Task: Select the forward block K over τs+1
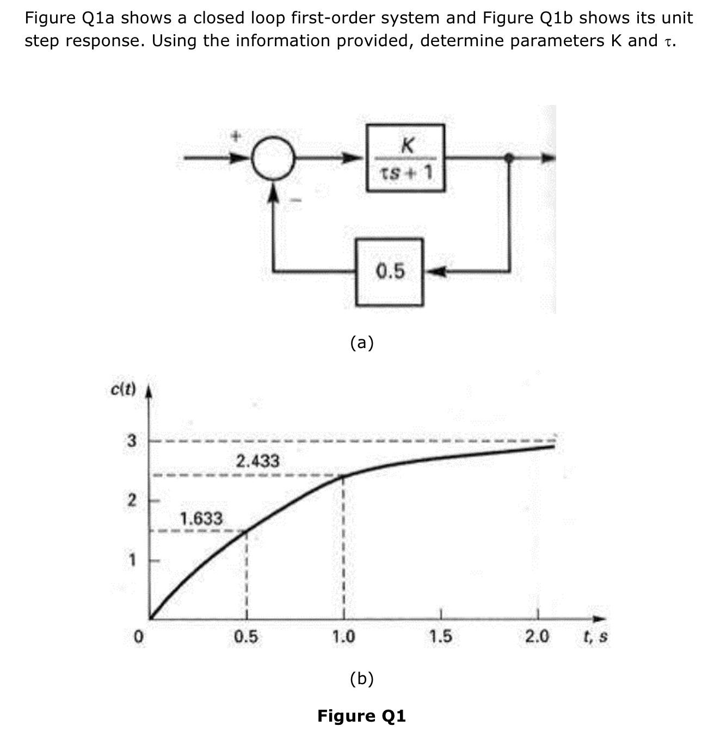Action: pyautogui.click(x=405, y=158)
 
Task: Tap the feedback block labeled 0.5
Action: pyautogui.click(x=390, y=271)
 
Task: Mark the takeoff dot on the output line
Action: pyautogui.click(x=509, y=158)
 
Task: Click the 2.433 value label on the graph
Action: pyautogui.click(x=257, y=461)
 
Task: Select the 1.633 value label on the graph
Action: pyautogui.click(x=201, y=518)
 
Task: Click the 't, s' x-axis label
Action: pyautogui.click(x=595, y=636)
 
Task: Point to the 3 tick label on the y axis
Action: pyautogui.click(x=131, y=440)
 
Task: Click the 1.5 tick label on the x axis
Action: pyautogui.click(x=440, y=636)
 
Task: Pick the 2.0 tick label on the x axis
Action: pyautogui.click(x=537, y=636)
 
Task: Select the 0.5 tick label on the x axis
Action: pyautogui.click(x=246, y=636)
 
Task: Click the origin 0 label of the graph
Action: pyautogui.click(x=139, y=636)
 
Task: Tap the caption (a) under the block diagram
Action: pyautogui.click(x=362, y=342)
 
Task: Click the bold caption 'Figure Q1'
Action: pyautogui.click(x=361, y=716)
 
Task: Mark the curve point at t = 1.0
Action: pyautogui.click(x=343, y=476)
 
